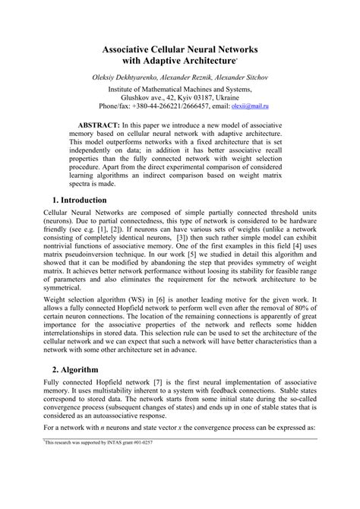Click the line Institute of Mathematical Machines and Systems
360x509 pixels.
pos(180,89)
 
